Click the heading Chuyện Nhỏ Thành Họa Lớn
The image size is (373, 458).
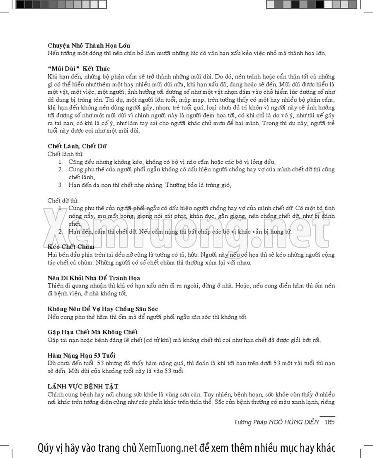coord(90,45)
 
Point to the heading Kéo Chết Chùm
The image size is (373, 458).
coord(71,247)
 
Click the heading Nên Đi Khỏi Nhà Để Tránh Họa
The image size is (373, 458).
coord(94,278)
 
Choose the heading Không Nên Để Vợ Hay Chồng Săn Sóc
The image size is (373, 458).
coord(103,309)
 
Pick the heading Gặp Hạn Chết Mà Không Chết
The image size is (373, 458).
coord(92,332)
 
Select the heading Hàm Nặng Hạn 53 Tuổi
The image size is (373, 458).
coord(81,356)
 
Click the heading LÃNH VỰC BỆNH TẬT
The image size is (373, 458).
coord(83,386)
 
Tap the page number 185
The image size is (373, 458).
coord(329,422)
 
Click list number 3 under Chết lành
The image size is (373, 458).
coord(60,185)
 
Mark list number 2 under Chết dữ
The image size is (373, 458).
coord(60,232)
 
